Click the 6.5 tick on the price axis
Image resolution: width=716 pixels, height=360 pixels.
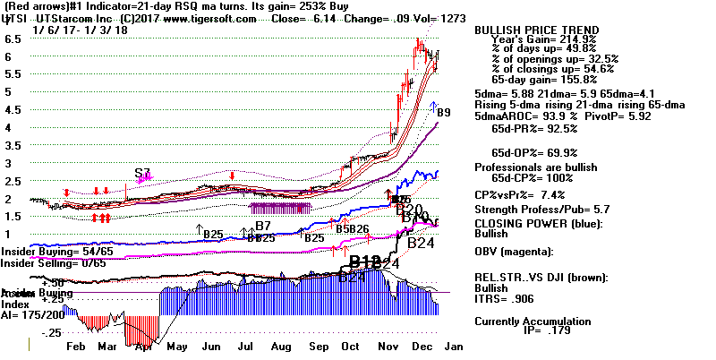(x=13, y=40)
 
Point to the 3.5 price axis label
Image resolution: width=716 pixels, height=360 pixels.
(x=13, y=110)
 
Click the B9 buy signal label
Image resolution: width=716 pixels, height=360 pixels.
(x=444, y=113)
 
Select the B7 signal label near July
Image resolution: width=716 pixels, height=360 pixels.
(x=262, y=225)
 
